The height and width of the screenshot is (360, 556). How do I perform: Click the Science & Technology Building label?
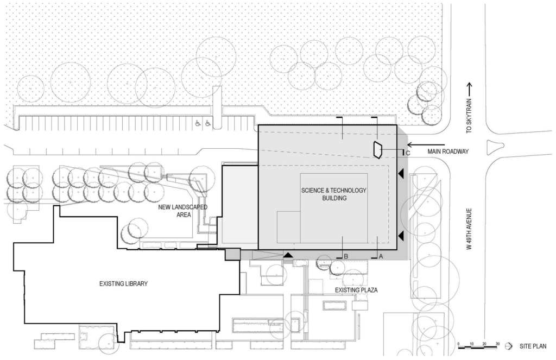[334, 194]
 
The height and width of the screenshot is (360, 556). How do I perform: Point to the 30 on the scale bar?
[497, 344]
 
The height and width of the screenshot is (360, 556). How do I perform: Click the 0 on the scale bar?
[459, 344]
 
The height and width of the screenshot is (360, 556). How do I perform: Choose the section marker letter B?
[346, 255]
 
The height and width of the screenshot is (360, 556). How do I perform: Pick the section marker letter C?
[407, 154]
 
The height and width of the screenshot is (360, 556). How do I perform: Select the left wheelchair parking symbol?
[197, 124]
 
